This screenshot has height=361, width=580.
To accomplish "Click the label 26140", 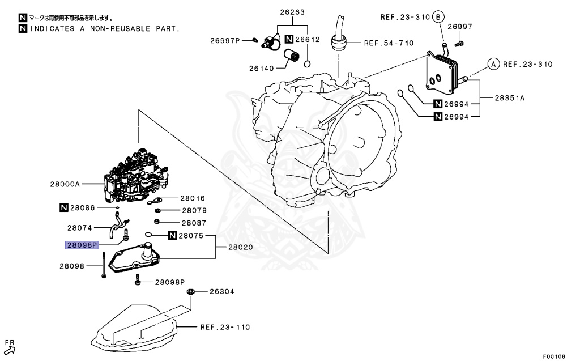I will [261, 68].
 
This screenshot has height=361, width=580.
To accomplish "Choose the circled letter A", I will [493, 65].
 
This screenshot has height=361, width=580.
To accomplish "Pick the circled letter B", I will [438, 17].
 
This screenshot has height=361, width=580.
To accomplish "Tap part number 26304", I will [222, 292].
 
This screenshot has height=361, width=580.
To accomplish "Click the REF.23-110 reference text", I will [225, 327].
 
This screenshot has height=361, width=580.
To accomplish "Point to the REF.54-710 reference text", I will [389, 43].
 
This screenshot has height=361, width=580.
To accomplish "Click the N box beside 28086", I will [64, 209].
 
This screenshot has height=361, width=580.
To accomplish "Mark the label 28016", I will [193, 198].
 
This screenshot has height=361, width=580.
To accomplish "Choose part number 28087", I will [194, 223].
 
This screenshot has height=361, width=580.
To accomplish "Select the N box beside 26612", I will [289, 40].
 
